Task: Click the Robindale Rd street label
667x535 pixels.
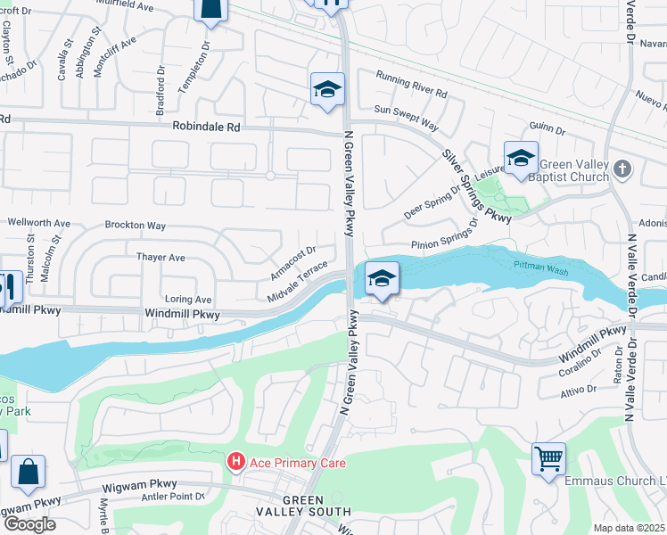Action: pyautogui.click(x=207, y=128)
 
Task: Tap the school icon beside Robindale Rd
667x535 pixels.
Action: pyautogui.click(x=327, y=90)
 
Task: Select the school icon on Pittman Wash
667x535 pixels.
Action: pyautogui.click(x=381, y=279)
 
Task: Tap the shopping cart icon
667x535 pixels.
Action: pyautogui.click(x=548, y=459)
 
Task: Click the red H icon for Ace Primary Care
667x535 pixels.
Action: pyautogui.click(x=236, y=462)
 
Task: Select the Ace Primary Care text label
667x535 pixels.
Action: pyautogui.click(x=296, y=463)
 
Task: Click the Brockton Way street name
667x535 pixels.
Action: pyautogui.click(x=136, y=226)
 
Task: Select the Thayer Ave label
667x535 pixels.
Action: pyautogui.click(x=161, y=258)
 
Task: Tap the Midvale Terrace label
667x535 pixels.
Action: pyautogui.click(x=299, y=283)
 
